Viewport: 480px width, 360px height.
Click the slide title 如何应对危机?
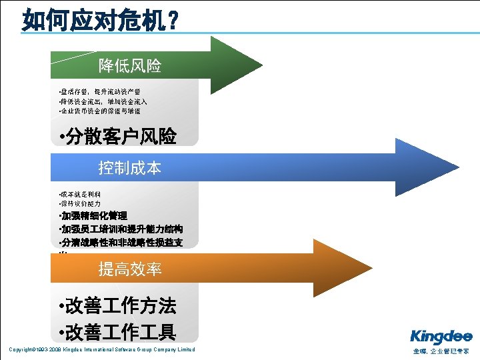(x=100, y=19)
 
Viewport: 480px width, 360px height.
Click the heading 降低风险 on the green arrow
(x=130, y=65)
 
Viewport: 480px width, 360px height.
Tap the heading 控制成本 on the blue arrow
(x=130, y=167)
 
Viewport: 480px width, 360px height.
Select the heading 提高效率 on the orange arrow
(x=130, y=269)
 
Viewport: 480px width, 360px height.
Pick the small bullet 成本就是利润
(x=80, y=193)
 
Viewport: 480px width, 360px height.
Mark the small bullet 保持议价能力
(x=80, y=203)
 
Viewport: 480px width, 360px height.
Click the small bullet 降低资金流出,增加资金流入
(x=103, y=101)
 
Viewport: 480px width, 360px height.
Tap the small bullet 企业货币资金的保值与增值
(x=99, y=111)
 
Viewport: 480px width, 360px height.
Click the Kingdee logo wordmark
(x=441, y=336)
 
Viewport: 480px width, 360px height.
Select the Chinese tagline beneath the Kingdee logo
(x=441, y=351)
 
